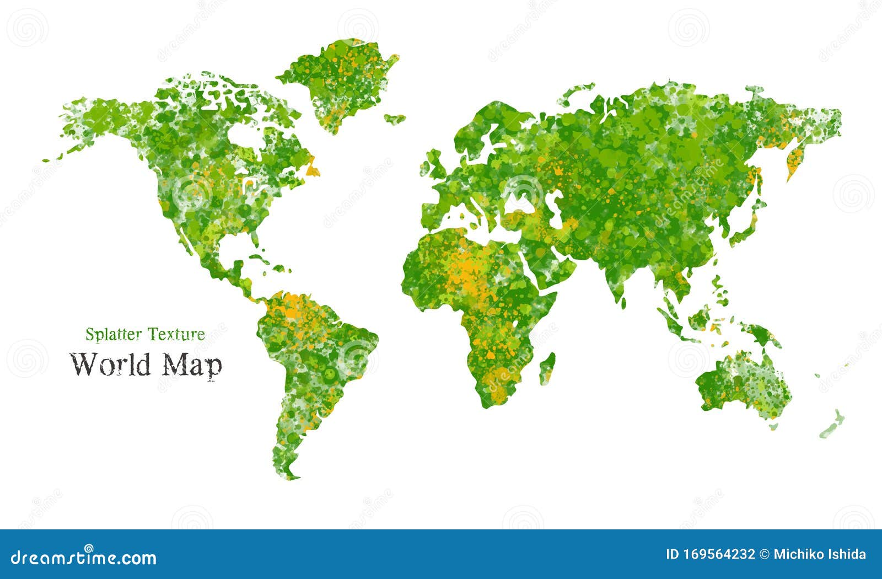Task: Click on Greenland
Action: tap(339, 83)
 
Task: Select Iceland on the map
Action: tap(395, 118)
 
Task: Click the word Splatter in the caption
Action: tap(107, 334)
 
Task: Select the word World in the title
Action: tap(110, 364)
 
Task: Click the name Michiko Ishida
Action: tap(820, 555)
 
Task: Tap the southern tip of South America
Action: tap(289, 474)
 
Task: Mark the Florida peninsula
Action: tap(254, 239)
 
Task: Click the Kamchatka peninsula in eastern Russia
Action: tap(794, 160)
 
